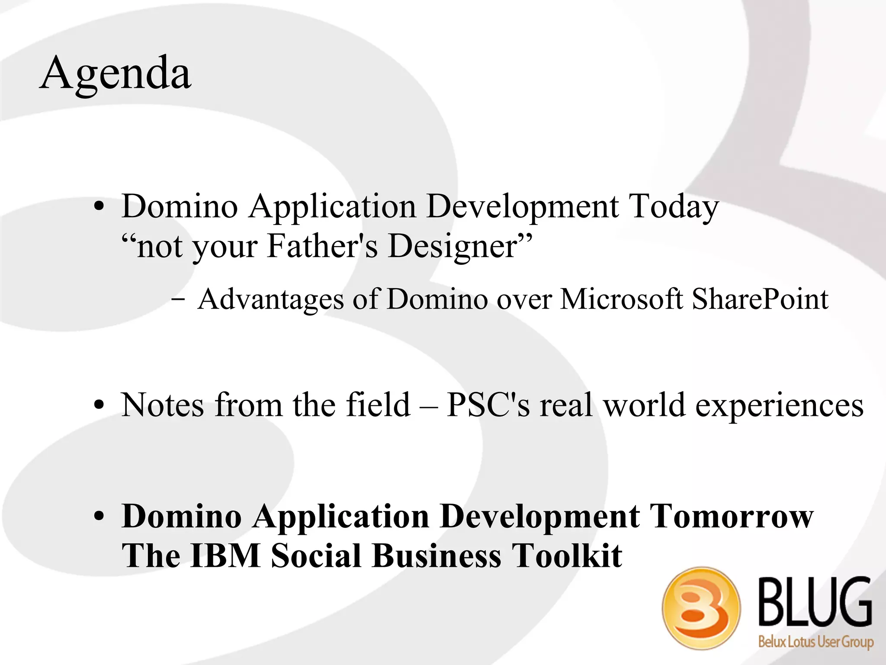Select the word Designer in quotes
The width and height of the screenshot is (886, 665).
click(x=452, y=247)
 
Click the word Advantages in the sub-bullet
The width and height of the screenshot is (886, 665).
click(x=270, y=299)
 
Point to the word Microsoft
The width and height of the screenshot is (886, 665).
click(x=621, y=299)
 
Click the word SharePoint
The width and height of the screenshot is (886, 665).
click(x=760, y=299)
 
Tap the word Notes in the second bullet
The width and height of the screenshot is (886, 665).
click(x=162, y=405)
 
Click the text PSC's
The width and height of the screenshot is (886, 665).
click(x=488, y=405)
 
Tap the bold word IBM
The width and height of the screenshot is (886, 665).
click(x=225, y=556)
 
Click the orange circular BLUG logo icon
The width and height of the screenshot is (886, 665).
click(x=701, y=608)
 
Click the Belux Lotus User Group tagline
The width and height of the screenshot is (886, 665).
click(x=815, y=642)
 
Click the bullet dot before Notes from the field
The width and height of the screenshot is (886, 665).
click(x=99, y=405)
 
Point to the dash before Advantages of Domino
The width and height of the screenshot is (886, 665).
click(x=178, y=299)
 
